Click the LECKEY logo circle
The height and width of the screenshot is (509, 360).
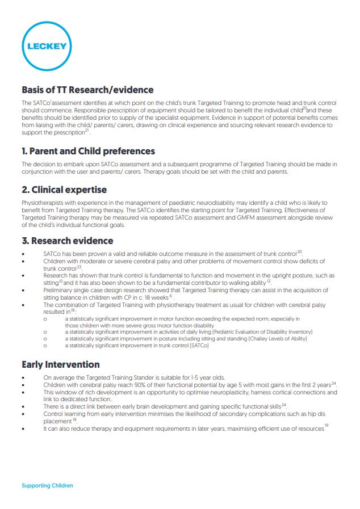(x=45, y=46)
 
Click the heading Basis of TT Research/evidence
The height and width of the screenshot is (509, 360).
(x=87, y=90)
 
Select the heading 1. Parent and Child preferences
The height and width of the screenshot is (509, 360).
(x=88, y=152)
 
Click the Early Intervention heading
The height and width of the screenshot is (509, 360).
(x=60, y=364)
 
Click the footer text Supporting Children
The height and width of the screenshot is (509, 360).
(x=47, y=486)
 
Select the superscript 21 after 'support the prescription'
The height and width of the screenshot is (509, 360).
(x=87, y=131)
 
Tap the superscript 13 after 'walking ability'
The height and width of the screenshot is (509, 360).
(x=269, y=280)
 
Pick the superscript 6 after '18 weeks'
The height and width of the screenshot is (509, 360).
(x=170, y=295)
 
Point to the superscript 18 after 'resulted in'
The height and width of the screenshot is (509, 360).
(x=73, y=310)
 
